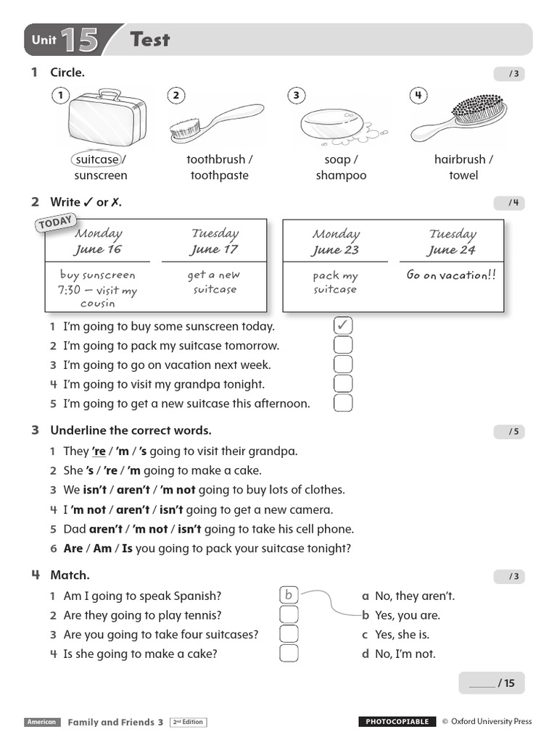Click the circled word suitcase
click(96, 159)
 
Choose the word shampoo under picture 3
click(341, 175)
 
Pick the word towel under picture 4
click(463, 175)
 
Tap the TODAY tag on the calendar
click(55, 222)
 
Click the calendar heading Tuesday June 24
click(452, 242)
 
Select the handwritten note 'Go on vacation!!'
click(451, 275)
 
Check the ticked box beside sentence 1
click(343, 326)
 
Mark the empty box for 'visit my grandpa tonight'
click(343, 384)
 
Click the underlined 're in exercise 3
click(99, 451)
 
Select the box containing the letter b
click(289, 596)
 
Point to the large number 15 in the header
click(80, 41)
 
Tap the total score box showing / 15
click(491, 683)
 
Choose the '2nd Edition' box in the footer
click(189, 722)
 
